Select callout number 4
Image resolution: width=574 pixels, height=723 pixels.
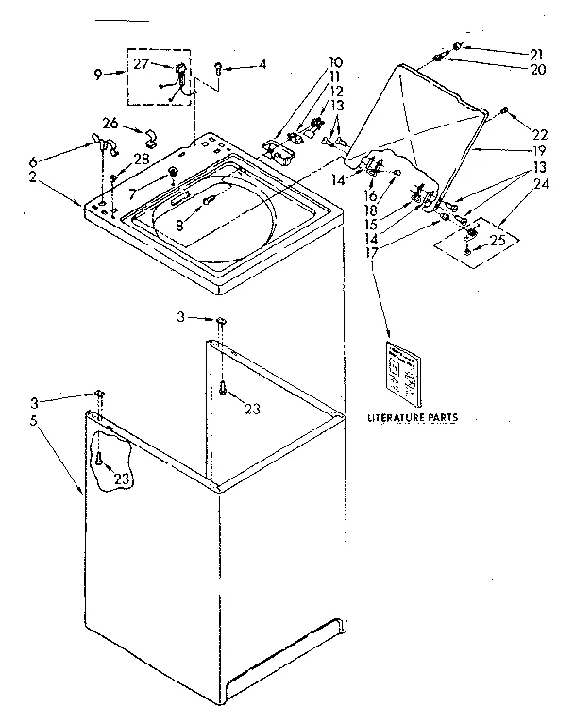click(262, 65)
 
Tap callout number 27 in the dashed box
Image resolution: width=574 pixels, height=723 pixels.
click(142, 64)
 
